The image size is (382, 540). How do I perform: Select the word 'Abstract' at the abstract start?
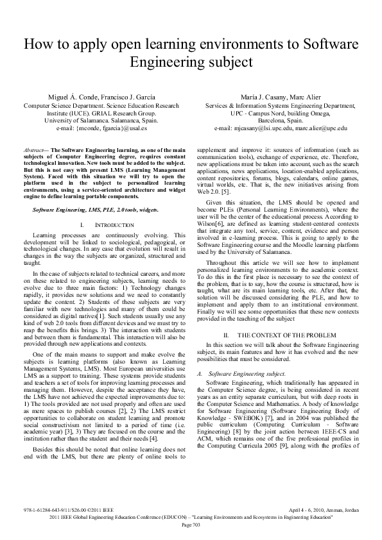tap(35, 148)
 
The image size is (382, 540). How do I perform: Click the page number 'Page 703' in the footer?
tap(191, 525)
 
